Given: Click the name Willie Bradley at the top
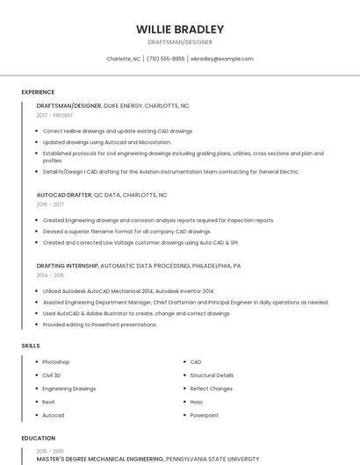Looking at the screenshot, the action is (180, 28).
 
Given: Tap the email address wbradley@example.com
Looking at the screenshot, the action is (221, 59).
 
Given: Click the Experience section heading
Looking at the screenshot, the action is (38, 92).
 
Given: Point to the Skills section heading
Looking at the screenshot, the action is (31, 346).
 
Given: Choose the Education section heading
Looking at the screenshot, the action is (38, 438).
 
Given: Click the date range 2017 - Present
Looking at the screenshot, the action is (55, 115).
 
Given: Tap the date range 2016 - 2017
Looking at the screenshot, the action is (50, 204).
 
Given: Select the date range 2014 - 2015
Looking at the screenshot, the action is (50, 275).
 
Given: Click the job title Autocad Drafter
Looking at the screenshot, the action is (63, 195).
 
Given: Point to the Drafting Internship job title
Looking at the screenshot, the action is (68, 265).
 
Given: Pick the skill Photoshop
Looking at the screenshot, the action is (55, 362).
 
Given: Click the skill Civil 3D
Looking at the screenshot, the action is (51, 376).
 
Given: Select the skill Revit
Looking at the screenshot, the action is (48, 402).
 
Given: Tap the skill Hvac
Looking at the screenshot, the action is (197, 402).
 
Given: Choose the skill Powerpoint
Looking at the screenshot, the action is (204, 415).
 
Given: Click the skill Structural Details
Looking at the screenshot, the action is (212, 376).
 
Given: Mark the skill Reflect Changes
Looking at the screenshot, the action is (211, 389).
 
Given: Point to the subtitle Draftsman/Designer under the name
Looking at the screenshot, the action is (180, 41).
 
